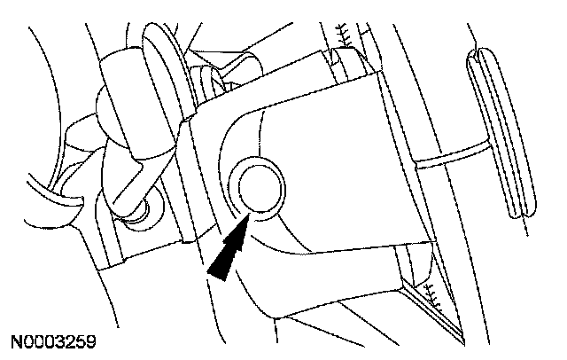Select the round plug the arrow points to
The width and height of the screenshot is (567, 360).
[x=258, y=186]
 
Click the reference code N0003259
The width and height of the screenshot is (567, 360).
[x=55, y=341]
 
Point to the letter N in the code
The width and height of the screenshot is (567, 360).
[x=18, y=341]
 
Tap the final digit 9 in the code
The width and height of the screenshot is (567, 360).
[x=91, y=341]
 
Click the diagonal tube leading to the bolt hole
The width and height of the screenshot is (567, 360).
[x=124, y=173]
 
